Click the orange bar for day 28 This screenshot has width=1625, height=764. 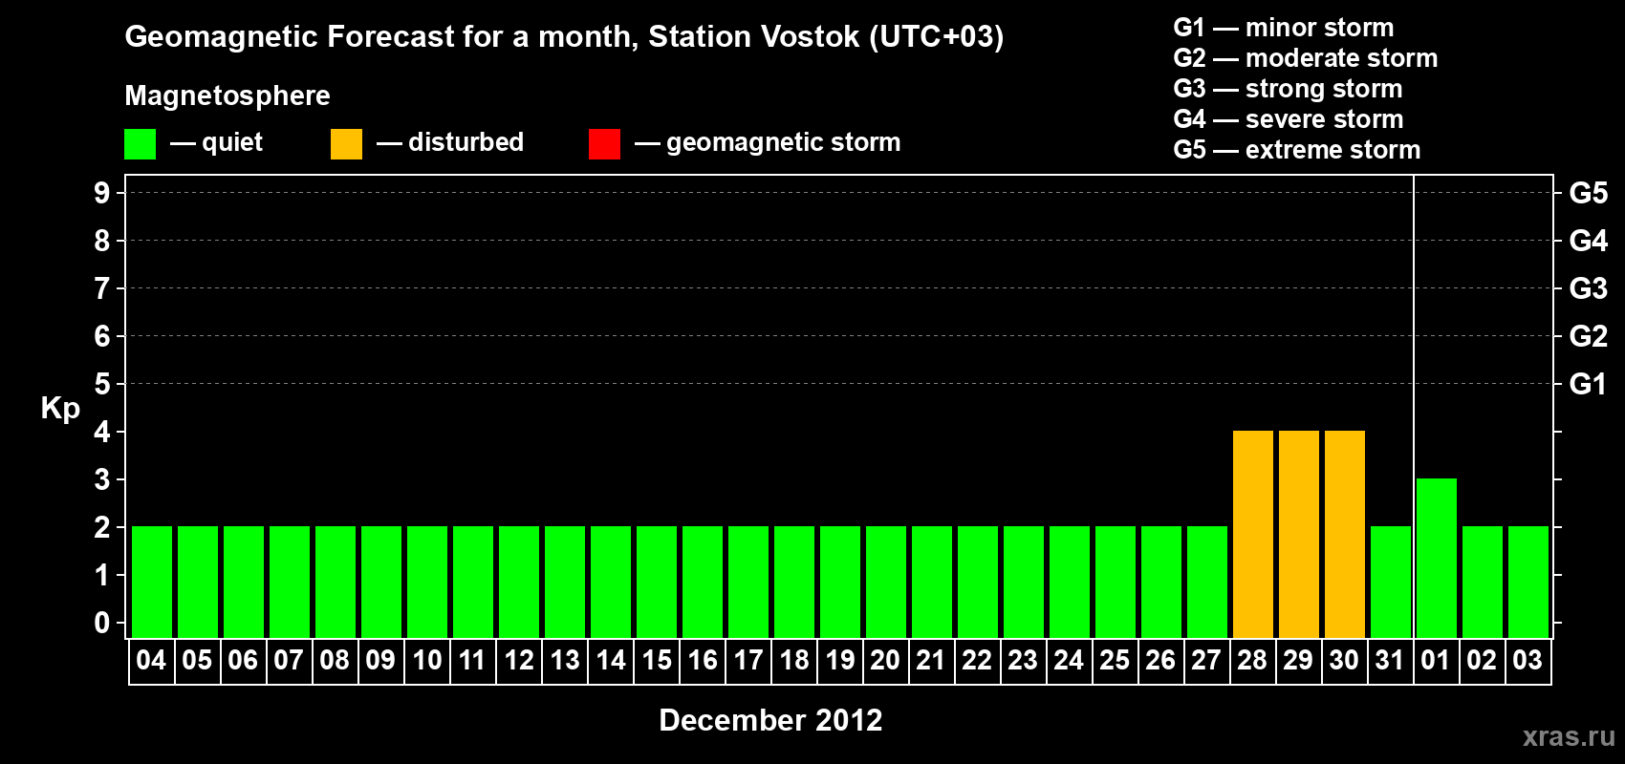(1253, 534)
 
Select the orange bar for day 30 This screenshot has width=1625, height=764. (1345, 534)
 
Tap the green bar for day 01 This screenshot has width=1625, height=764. (1437, 558)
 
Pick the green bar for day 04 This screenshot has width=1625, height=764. (152, 582)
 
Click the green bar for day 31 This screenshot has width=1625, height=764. (1391, 582)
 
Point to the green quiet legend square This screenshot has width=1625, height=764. (140, 143)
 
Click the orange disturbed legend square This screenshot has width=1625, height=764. (346, 143)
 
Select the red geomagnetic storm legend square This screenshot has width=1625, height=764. (605, 143)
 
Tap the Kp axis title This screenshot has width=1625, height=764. (60, 409)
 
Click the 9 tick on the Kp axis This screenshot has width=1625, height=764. (101, 193)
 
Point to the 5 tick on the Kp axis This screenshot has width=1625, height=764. (101, 384)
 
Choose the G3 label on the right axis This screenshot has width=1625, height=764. (1589, 288)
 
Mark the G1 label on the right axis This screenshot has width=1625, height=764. (1589, 384)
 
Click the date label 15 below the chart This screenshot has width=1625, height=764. (657, 660)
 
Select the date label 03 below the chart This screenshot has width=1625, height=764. (1527, 660)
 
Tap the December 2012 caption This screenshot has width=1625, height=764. (770, 720)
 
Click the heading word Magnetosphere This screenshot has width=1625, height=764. (227, 95)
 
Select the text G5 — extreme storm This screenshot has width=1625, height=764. (1297, 150)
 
